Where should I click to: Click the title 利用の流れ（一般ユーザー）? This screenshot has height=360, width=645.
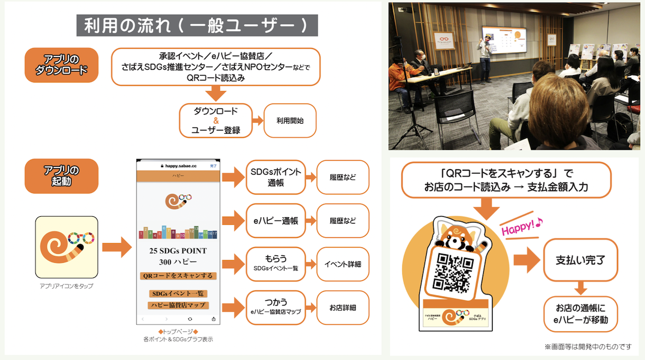(197, 25)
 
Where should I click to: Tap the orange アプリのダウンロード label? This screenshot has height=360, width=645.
(61, 65)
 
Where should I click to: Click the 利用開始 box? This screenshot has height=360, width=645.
(290, 121)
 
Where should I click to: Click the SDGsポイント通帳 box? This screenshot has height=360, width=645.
(275, 177)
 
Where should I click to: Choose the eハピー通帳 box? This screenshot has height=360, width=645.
(275, 220)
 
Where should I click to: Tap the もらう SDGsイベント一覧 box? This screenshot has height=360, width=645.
(275, 263)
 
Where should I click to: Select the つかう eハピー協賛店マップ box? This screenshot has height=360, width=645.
(275, 307)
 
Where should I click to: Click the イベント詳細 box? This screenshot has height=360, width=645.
(343, 263)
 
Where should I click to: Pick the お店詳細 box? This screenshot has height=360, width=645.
(343, 307)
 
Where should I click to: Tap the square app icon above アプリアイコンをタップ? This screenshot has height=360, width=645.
(67, 247)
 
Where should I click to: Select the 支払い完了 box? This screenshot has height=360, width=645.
(580, 260)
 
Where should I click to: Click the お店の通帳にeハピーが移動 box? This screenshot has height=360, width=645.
(581, 314)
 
